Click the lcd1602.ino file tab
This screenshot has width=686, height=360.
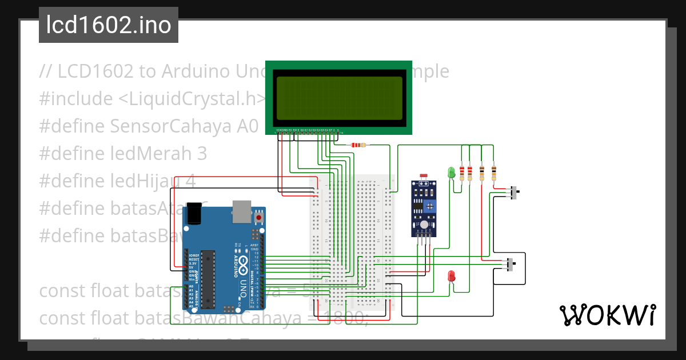tap(109, 25)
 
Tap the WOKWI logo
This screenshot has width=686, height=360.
tap(607, 315)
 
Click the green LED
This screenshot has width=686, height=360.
tap(450, 171)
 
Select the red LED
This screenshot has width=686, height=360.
tap(451, 276)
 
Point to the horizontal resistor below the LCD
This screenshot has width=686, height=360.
tap(358, 145)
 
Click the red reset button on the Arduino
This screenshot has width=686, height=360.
tap(259, 218)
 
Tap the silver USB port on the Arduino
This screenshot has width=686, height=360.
tap(241, 211)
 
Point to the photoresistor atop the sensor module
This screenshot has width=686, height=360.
tap(424, 177)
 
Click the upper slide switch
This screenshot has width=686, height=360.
tap(514, 192)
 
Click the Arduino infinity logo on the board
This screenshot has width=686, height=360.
tap(244, 263)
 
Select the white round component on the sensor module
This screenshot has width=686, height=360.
tap(424, 226)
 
